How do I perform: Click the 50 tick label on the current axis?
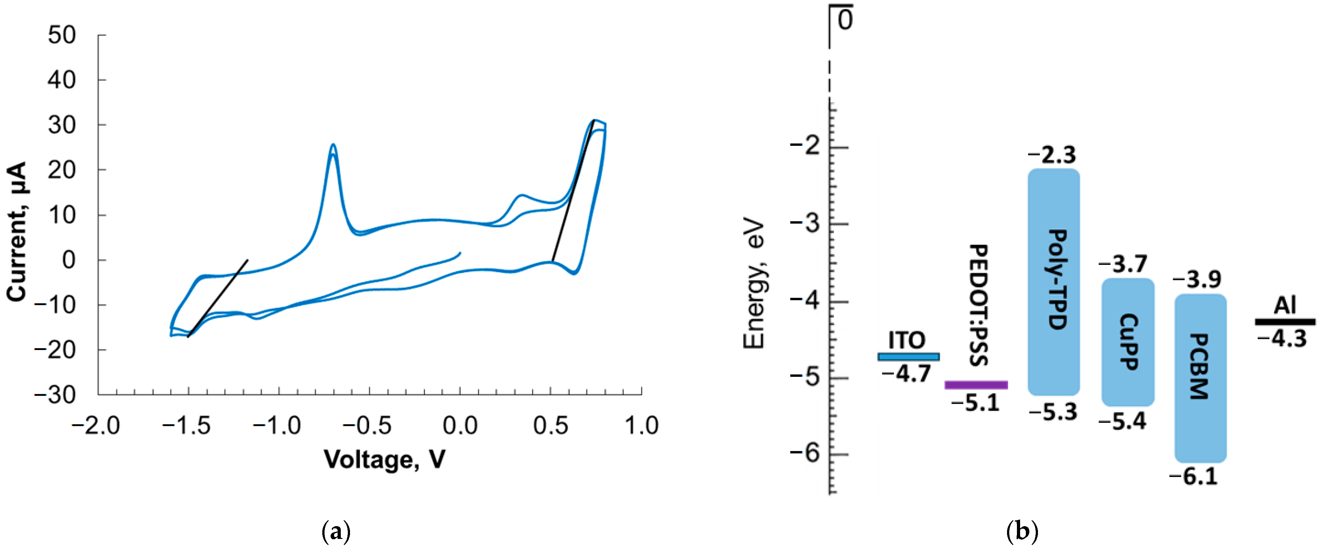click(x=62, y=35)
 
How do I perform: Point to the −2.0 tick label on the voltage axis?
click(x=96, y=426)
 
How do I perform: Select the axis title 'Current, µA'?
click(x=17, y=232)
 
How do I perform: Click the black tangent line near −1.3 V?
click(x=218, y=298)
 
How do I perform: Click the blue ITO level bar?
click(x=908, y=356)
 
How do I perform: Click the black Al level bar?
click(x=1285, y=322)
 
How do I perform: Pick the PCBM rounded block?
click(x=1200, y=378)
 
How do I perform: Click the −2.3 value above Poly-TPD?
click(x=1052, y=154)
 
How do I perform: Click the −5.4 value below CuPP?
click(x=1122, y=421)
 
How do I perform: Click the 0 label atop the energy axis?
click(x=845, y=20)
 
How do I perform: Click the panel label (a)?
click(x=336, y=532)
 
